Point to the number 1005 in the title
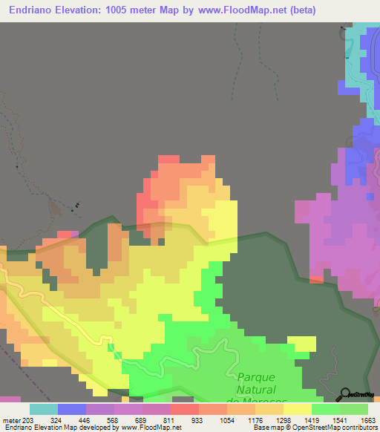tap(122, 10)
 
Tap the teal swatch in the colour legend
tap(44, 409)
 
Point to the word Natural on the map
tap(256, 390)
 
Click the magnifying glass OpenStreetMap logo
tap(347, 394)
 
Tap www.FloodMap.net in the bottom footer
tap(151, 428)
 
